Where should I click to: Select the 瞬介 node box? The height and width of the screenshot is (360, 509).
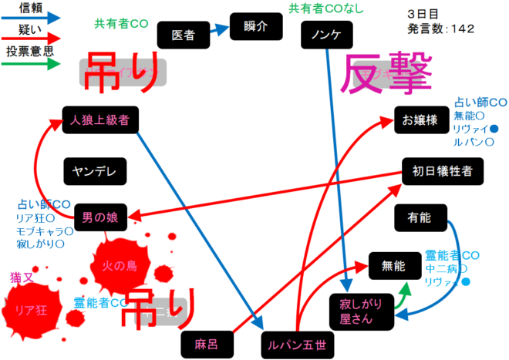pyautogui.click(x=254, y=24)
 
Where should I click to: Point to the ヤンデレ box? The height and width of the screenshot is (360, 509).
pyautogui.click(x=95, y=172)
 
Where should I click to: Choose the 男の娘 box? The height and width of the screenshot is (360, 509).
pyautogui.click(x=100, y=217)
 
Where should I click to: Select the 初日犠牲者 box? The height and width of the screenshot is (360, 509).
pyautogui.click(x=443, y=170)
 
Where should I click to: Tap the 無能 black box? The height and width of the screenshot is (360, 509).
pyautogui.click(x=393, y=266)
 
